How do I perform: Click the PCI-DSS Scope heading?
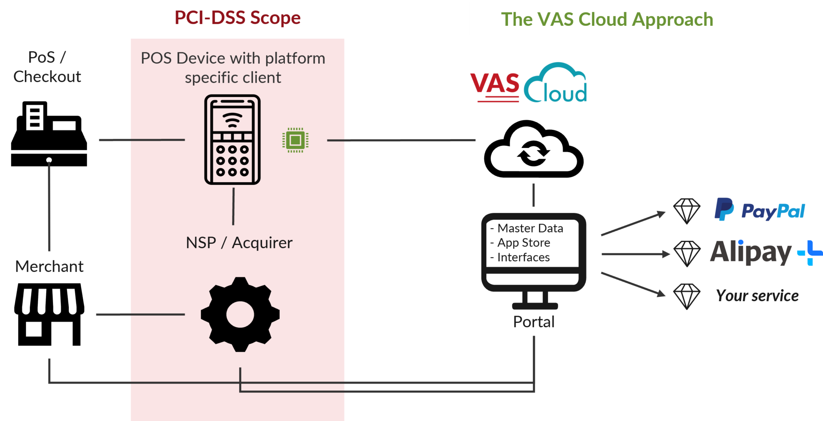[237, 18]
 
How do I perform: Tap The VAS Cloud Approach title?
[607, 19]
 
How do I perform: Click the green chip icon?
[295, 140]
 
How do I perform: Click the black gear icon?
[240, 314]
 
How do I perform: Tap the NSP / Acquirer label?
[239, 243]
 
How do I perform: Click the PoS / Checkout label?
[47, 67]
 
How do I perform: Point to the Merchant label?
[49, 267]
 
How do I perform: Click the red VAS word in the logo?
[495, 84]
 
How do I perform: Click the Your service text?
[757, 296]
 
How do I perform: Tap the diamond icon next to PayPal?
[687, 211]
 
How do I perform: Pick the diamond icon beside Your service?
[687, 296]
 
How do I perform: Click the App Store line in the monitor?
[523, 243]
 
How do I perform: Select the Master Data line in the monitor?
[530, 228]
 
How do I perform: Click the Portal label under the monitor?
[534, 322]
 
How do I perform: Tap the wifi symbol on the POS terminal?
[232, 119]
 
